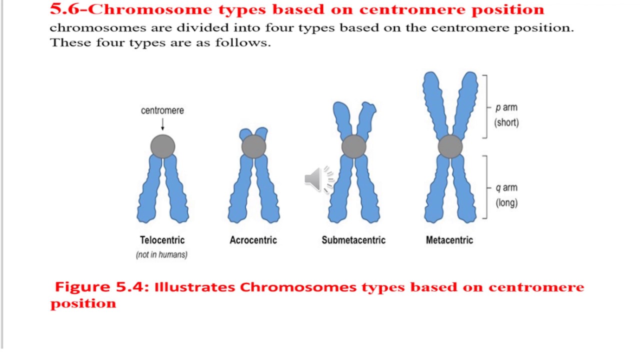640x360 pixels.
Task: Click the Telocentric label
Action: (162, 240)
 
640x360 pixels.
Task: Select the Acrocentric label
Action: (253, 240)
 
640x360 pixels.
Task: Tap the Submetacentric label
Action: (353, 240)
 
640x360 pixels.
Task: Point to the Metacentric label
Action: (449, 240)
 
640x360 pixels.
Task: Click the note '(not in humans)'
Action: (161, 254)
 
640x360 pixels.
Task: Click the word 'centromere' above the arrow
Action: (162, 110)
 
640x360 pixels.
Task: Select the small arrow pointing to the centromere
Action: (162, 124)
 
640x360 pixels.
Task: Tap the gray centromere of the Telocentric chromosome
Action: (162, 146)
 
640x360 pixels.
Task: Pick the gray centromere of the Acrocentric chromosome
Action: (253, 146)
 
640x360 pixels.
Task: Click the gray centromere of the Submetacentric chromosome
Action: (353, 146)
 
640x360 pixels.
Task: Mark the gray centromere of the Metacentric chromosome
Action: (450, 146)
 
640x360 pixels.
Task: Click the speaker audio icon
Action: (319, 179)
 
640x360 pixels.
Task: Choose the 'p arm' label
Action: (506, 107)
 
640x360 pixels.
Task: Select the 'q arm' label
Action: (506, 188)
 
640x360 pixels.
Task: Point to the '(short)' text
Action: (506, 122)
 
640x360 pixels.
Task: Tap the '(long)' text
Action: (506, 203)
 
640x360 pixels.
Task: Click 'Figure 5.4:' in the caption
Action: (102, 287)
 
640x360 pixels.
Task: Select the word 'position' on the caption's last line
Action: (83, 303)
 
